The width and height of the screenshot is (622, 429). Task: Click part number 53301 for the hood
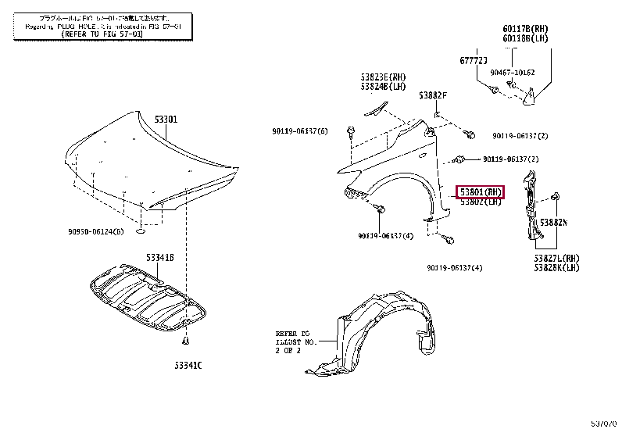[x=166, y=120]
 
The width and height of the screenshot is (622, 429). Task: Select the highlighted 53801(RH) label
[x=481, y=191]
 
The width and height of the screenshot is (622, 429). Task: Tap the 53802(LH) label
[x=480, y=202]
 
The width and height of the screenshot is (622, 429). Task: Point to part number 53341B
[x=159, y=257]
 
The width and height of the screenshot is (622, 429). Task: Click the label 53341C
[x=188, y=364]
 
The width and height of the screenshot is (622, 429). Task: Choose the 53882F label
[x=432, y=95]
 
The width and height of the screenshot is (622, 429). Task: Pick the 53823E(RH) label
[x=384, y=77]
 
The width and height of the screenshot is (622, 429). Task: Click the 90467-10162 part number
[x=513, y=72]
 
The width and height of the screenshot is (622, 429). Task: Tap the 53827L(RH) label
[x=557, y=258]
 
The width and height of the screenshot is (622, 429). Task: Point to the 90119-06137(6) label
[x=300, y=130]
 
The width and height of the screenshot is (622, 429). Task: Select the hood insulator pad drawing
[x=148, y=297]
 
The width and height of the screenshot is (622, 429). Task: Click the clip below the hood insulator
[x=185, y=341]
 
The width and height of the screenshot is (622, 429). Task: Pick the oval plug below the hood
[x=139, y=232]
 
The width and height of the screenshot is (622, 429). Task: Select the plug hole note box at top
[x=98, y=26]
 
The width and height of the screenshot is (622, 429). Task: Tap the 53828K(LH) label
[x=557, y=267]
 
